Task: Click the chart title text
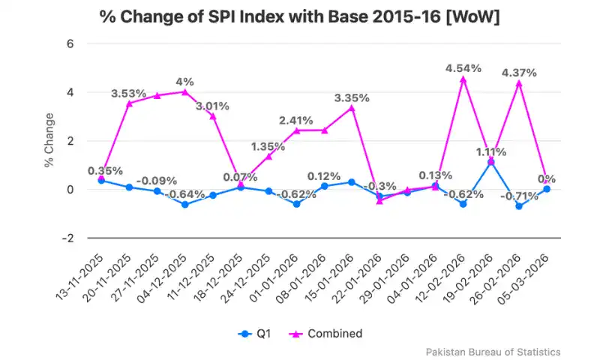tap(300, 17)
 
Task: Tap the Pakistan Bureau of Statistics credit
tap(493, 352)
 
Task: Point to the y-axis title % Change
tap(49, 140)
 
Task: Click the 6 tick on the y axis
tap(70, 43)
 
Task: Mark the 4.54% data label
tap(463, 68)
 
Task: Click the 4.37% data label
tap(519, 73)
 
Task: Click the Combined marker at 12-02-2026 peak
tap(463, 79)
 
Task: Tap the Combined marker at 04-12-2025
tap(184, 91)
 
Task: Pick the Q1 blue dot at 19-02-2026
tap(491, 162)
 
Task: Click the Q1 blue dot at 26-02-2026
tap(519, 205)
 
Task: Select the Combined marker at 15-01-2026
tap(352, 108)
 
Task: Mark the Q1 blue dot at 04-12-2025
tap(184, 204)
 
